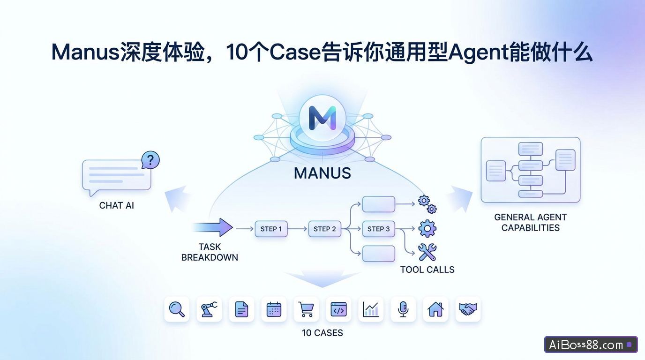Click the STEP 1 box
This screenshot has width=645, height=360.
point(271,229)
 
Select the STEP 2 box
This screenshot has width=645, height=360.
point(324,229)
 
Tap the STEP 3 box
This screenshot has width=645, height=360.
point(378,229)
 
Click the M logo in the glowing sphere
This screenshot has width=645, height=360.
point(322,118)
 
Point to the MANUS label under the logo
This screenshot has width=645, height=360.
point(322,173)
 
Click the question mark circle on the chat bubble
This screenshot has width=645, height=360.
point(150,160)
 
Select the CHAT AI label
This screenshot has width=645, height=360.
point(117,205)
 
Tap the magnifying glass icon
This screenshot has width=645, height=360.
point(177,309)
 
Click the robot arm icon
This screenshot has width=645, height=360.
point(209,309)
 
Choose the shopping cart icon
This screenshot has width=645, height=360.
point(306,309)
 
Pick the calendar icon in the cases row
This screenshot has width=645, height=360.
point(274,309)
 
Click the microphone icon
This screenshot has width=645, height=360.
point(403,309)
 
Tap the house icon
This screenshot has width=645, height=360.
point(435,309)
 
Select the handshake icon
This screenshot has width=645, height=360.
point(468,309)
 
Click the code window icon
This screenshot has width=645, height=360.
point(338,309)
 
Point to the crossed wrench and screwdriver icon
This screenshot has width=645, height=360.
point(427,252)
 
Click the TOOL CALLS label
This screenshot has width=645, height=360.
point(427,270)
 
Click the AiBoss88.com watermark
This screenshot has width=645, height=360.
point(591,345)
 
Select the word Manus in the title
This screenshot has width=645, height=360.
point(85,52)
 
